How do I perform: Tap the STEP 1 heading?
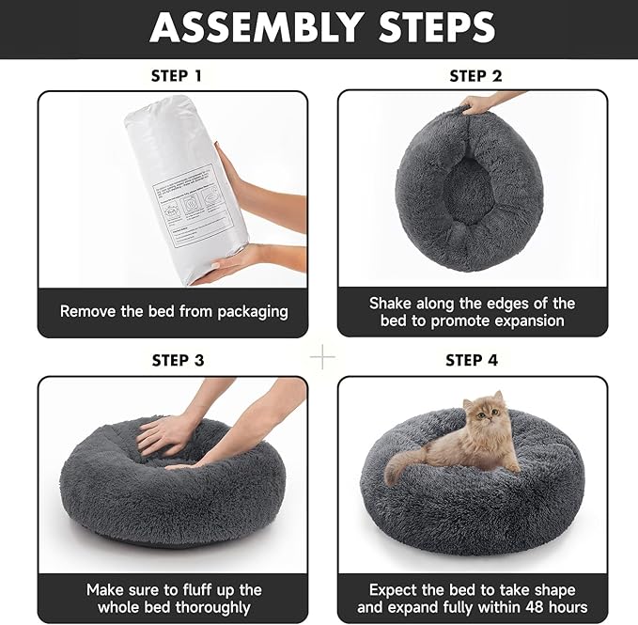click(x=176, y=76)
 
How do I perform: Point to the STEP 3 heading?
click(x=176, y=360)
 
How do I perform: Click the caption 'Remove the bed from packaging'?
click(x=174, y=311)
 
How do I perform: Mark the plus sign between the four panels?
click(x=322, y=357)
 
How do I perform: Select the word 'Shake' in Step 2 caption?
click(x=392, y=304)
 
